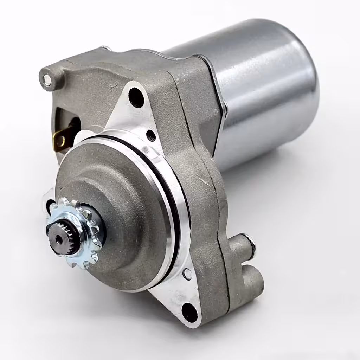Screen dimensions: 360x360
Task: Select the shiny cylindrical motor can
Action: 264,88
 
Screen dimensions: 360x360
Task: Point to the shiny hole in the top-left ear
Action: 46,81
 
